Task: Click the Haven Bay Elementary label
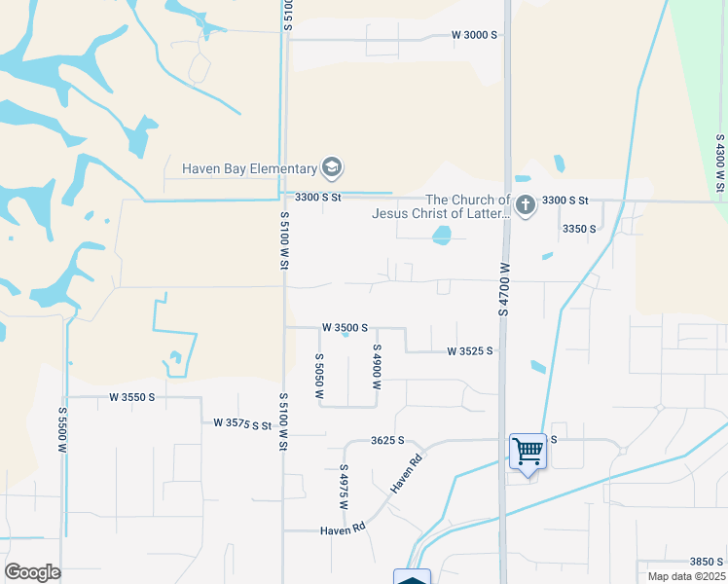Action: pos(250,168)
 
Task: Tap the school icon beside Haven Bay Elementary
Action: pos(332,168)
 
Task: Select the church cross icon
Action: pos(526,205)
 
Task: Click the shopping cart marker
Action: pos(528,451)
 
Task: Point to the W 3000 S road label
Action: pos(474,35)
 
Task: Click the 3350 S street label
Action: pos(579,229)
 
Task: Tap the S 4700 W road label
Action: pos(504,289)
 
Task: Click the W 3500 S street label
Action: pos(345,328)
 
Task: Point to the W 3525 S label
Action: pos(470,350)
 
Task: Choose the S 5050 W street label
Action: pos(318,377)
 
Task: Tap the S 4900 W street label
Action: pos(376,367)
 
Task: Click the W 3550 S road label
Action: pos(132,397)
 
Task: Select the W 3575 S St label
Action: pos(241,424)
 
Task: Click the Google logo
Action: pos(32,572)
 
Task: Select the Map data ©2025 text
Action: pos(679,576)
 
